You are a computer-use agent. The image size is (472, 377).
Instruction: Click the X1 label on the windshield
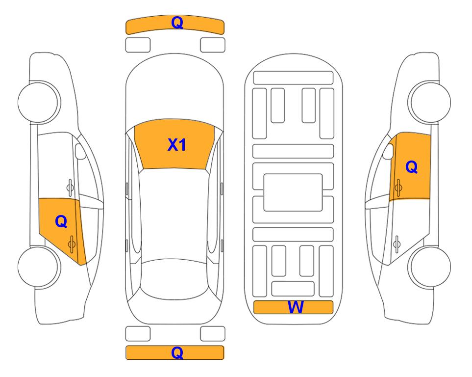pos(177,145)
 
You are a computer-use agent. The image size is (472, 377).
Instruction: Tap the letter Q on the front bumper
pos(177,22)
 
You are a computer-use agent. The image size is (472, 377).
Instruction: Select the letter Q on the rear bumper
pos(177,352)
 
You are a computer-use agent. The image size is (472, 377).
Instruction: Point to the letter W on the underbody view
pos(296,307)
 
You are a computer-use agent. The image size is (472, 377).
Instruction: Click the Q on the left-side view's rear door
pos(61,222)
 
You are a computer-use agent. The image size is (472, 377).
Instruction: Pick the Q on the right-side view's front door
pos(412,167)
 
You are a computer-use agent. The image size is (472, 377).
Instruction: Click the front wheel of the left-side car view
pos(38,102)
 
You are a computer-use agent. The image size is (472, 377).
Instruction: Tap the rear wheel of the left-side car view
pos(38,267)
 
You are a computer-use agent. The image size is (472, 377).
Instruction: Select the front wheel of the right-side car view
pos(431,102)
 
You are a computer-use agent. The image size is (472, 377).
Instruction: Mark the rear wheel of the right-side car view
pos(431,267)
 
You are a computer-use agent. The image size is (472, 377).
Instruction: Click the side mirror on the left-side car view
pos(80,151)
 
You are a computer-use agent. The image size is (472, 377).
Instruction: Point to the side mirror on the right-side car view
pos(388,151)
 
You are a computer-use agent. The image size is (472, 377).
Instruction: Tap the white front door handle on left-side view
pos(70,188)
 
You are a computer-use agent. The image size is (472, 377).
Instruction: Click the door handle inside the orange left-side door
pos(72,244)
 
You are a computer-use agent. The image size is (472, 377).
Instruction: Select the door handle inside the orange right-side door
pos(398,188)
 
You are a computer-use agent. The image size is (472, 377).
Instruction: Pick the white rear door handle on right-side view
pos(397,244)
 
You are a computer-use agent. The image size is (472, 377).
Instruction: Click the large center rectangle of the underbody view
pos(293,192)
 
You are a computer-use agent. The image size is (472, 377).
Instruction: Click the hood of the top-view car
pos(174,87)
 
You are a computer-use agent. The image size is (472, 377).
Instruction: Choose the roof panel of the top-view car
pos(174,214)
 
